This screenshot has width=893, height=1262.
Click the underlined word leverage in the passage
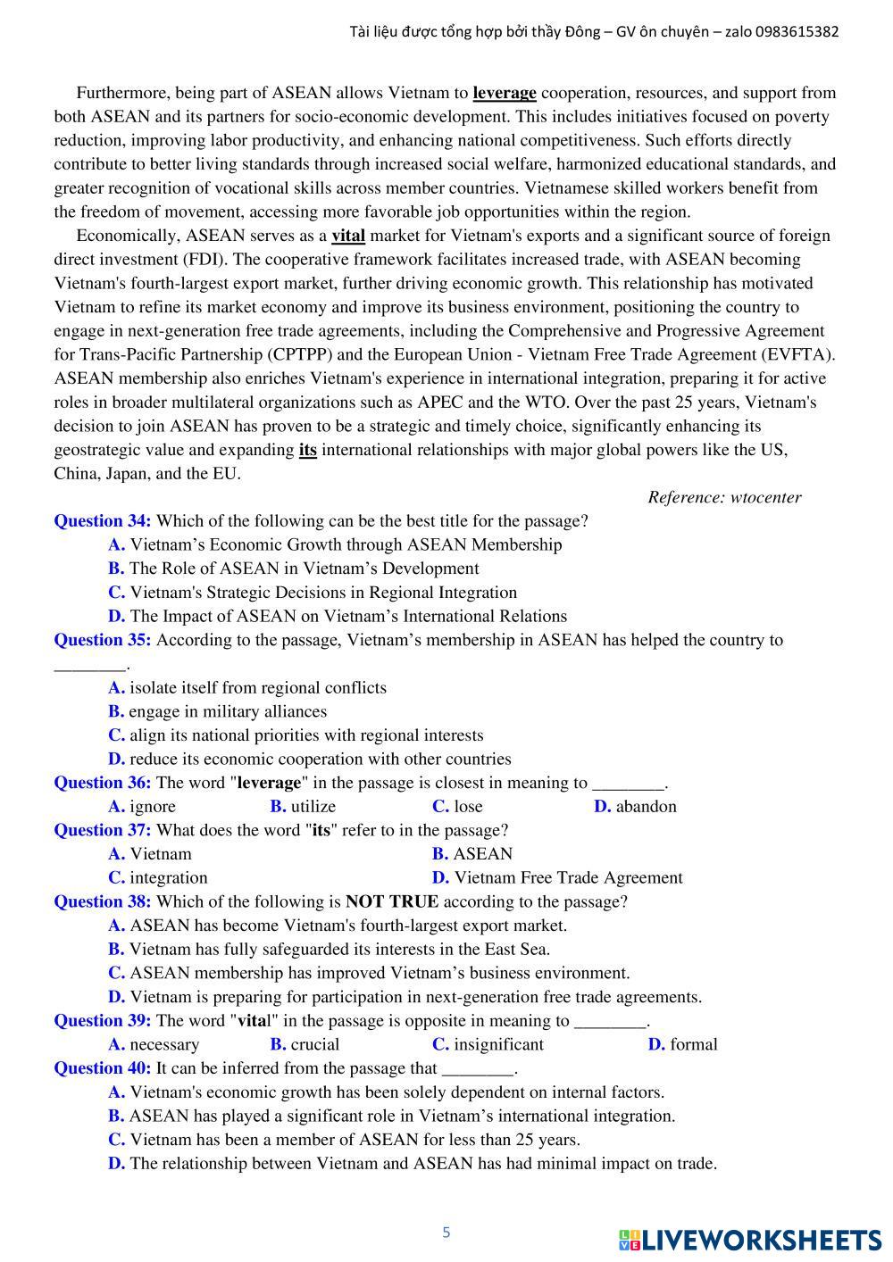[504, 93]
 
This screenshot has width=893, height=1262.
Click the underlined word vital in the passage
[348, 236]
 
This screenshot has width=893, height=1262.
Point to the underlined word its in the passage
[307, 450]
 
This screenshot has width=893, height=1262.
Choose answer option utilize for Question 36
[313, 807]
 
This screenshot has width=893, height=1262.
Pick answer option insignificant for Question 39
[498, 1044]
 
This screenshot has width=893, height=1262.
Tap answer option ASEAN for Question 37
[482, 854]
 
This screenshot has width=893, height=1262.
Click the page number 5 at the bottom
[446, 1233]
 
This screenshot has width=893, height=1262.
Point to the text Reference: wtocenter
[724, 497]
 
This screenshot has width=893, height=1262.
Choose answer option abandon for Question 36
[646, 807]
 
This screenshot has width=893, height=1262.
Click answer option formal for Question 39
[693, 1044]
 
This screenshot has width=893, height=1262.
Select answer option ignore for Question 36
[153, 807]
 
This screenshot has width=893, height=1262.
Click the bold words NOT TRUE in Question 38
[392, 901]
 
